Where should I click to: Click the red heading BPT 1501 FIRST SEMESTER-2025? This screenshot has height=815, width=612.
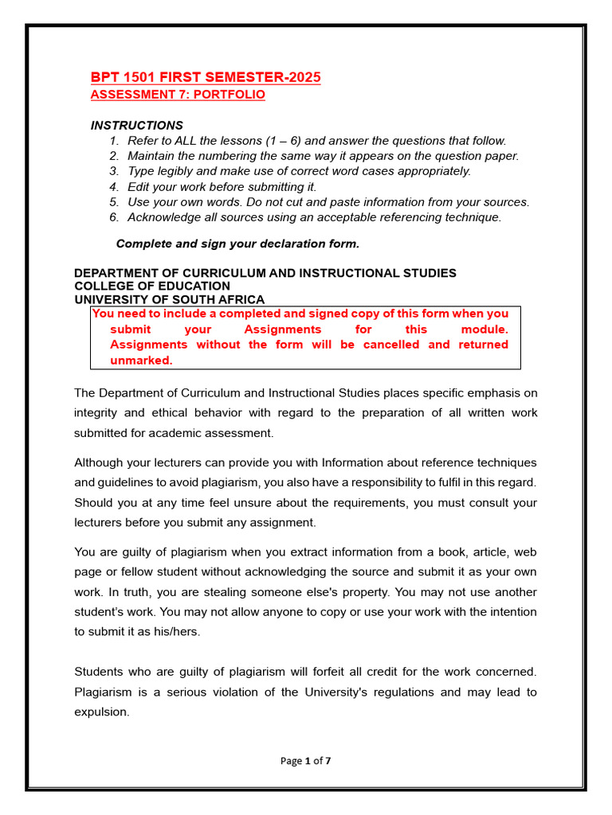click(206, 77)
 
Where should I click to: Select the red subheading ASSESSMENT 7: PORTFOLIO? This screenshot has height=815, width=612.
click(178, 95)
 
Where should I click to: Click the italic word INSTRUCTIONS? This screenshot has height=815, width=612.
click(136, 125)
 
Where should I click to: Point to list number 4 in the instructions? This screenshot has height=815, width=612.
click(114, 186)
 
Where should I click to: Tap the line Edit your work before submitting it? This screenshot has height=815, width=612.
click(222, 186)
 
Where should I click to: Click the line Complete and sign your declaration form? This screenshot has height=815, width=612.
click(232, 244)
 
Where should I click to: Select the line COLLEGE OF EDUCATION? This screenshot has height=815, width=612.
click(152, 286)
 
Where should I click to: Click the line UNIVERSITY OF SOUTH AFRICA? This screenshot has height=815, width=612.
click(169, 299)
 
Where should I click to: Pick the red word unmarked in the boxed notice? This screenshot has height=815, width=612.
click(141, 360)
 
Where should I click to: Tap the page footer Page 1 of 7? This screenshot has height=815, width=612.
click(306, 761)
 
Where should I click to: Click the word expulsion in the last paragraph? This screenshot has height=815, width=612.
click(101, 712)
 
